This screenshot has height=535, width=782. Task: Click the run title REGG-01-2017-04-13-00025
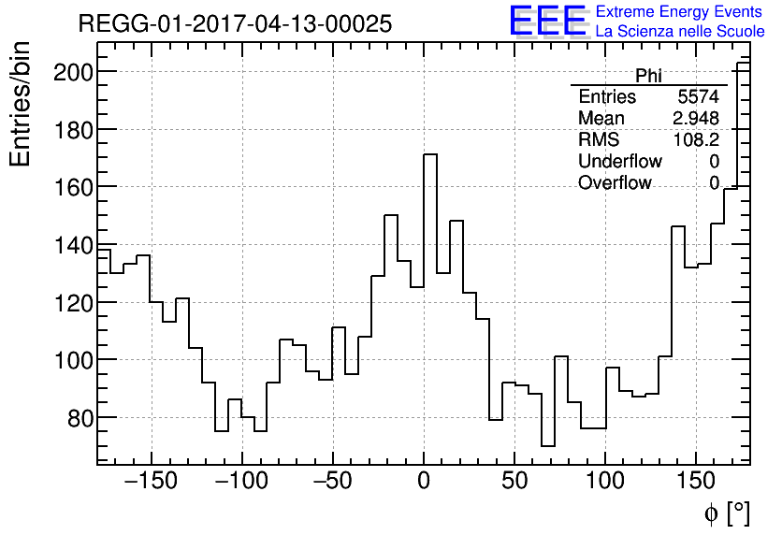point(235,24)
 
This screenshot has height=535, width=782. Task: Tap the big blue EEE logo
point(547,22)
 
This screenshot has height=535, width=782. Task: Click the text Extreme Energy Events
point(680,12)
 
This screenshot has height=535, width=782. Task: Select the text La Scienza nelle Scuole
point(680,32)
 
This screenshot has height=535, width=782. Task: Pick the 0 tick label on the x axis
point(424,483)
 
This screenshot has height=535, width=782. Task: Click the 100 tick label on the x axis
point(606,483)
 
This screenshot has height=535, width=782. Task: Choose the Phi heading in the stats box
point(648,76)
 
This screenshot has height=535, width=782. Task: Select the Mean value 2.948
point(696,119)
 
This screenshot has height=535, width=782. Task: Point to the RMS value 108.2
point(696,140)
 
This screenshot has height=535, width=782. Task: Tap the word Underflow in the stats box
point(620,162)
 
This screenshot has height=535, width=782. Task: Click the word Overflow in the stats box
point(615,183)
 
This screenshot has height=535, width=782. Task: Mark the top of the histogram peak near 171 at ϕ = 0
point(430,154)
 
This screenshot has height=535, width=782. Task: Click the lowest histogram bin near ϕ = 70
point(547,446)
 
